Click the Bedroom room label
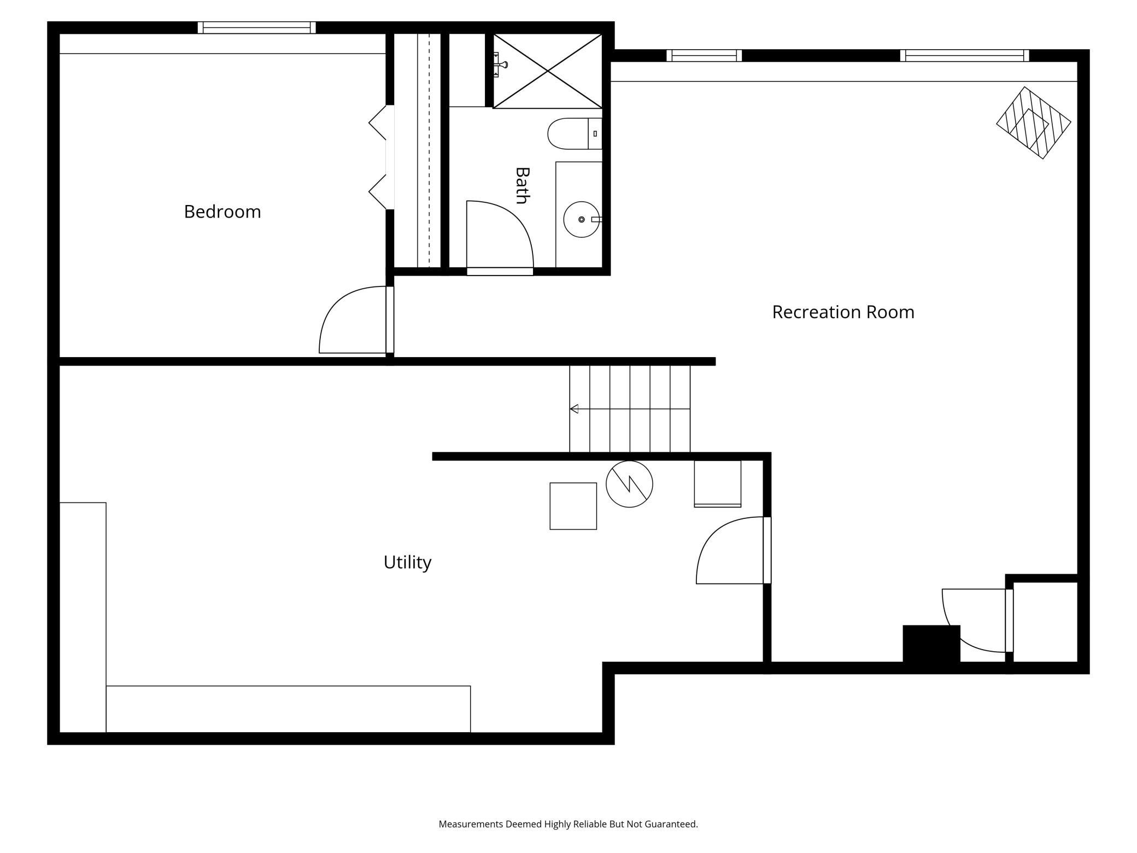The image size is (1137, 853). pyautogui.click(x=222, y=212)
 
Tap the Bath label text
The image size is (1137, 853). pyautogui.click(x=523, y=185)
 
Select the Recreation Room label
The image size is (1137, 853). pyautogui.click(x=843, y=312)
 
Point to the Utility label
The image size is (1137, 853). pyautogui.click(x=407, y=562)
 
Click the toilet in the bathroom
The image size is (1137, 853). pyautogui.click(x=575, y=133)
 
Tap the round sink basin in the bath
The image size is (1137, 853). pyautogui.click(x=582, y=219)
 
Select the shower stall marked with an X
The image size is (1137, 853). pyautogui.click(x=547, y=71)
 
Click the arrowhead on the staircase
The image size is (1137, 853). pyautogui.click(x=574, y=408)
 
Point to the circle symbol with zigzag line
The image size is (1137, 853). pyautogui.click(x=629, y=484)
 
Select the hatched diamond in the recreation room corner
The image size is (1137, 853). pyautogui.click(x=1033, y=122)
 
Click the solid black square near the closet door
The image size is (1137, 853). pyautogui.click(x=931, y=644)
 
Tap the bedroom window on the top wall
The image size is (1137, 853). pyautogui.click(x=256, y=27)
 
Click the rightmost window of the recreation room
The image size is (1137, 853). pyautogui.click(x=965, y=55)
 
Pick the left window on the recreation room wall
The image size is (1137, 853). pyautogui.click(x=704, y=55)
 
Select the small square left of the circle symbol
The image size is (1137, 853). pyautogui.click(x=573, y=506)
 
